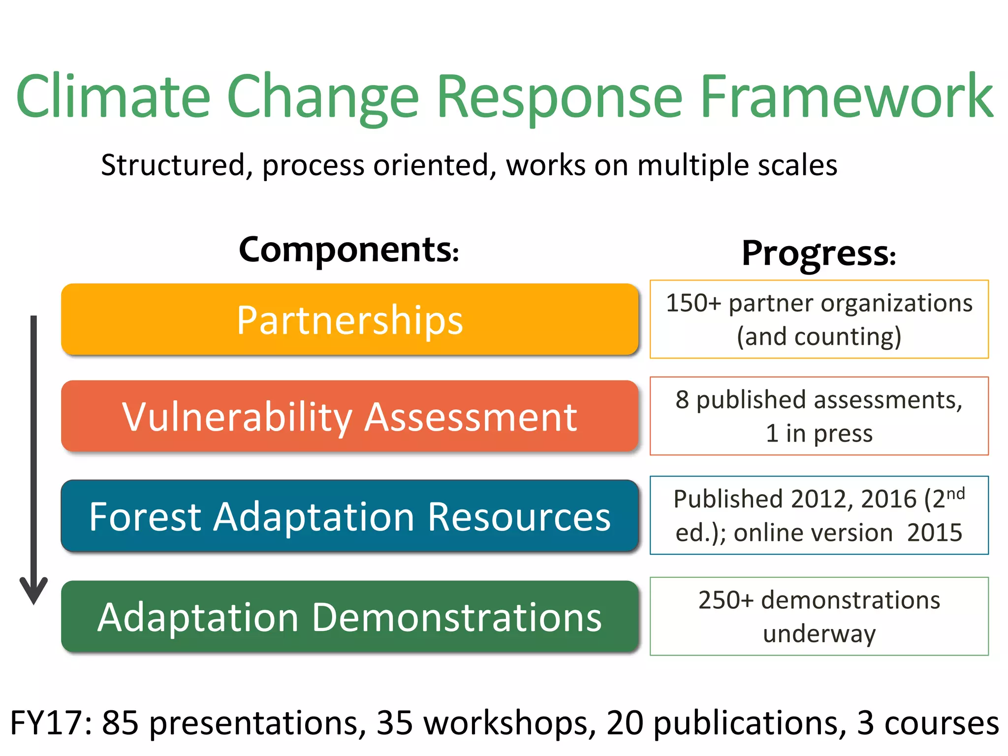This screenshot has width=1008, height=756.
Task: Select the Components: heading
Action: tap(349, 250)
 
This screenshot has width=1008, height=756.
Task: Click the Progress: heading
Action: tap(819, 253)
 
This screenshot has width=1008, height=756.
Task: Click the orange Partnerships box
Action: tap(349, 320)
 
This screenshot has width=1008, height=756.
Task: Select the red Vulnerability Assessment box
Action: tap(349, 417)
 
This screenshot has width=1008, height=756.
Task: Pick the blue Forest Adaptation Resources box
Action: tap(349, 516)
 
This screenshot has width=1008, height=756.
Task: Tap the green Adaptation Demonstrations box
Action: tap(349, 617)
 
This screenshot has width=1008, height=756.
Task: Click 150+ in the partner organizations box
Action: tap(693, 303)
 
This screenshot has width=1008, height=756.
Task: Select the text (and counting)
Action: tap(819, 337)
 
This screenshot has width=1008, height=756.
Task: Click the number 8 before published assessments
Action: tap(682, 400)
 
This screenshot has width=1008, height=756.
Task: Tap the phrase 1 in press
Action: tap(819, 434)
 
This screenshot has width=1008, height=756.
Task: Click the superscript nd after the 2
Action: tap(955, 494)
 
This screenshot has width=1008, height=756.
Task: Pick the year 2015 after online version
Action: tap(934, 533)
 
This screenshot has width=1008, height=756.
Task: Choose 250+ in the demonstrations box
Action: tap(725, 600)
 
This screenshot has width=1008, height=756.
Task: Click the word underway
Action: tap(819, 633)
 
